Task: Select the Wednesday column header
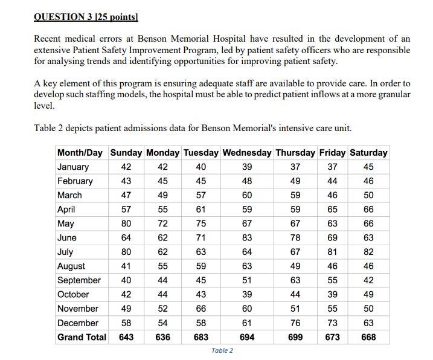(247, 152)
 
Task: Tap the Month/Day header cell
(80, 152)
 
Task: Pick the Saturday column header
(368, 152)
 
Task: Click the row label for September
(79, 280)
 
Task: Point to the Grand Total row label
(82, 337)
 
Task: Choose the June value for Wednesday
(247, 238)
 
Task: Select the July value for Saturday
(368, 252)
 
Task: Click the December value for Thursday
(295, 323)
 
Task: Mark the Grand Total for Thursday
(295, 337)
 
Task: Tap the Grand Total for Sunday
(126, 337)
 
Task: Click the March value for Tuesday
(200, 195)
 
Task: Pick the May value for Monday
(162, 223)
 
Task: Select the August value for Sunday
(126, 266)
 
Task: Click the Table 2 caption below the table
(222, 351)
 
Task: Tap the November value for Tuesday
(200, 309)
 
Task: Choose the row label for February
(75, 181)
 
